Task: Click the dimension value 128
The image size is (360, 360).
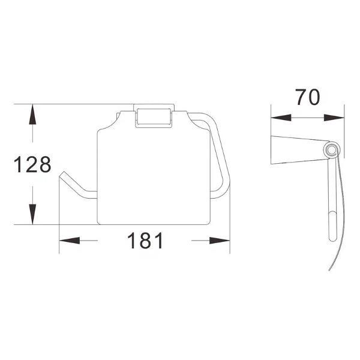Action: pyautogui.click(x=33, y=164)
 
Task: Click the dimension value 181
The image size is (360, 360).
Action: pyautogui.click(x=144, y=241)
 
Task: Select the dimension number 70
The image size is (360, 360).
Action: pyautogui.click(x=307, y=97)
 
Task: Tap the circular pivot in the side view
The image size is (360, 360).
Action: pyautogui.click(x=331, y=151)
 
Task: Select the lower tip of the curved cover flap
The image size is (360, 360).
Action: pyautogui.click(x=329, y=269)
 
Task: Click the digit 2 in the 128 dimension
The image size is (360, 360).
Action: pyautogui.click(x=32, y=164)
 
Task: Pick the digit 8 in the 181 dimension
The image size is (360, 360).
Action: pyautogui.click(x=145, y=241)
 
